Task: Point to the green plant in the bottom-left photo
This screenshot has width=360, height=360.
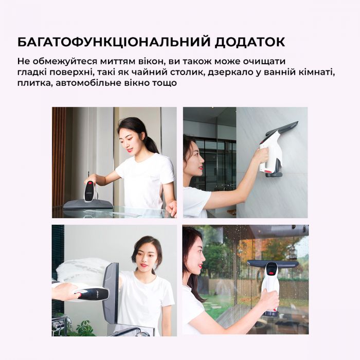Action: coord(82,328)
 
